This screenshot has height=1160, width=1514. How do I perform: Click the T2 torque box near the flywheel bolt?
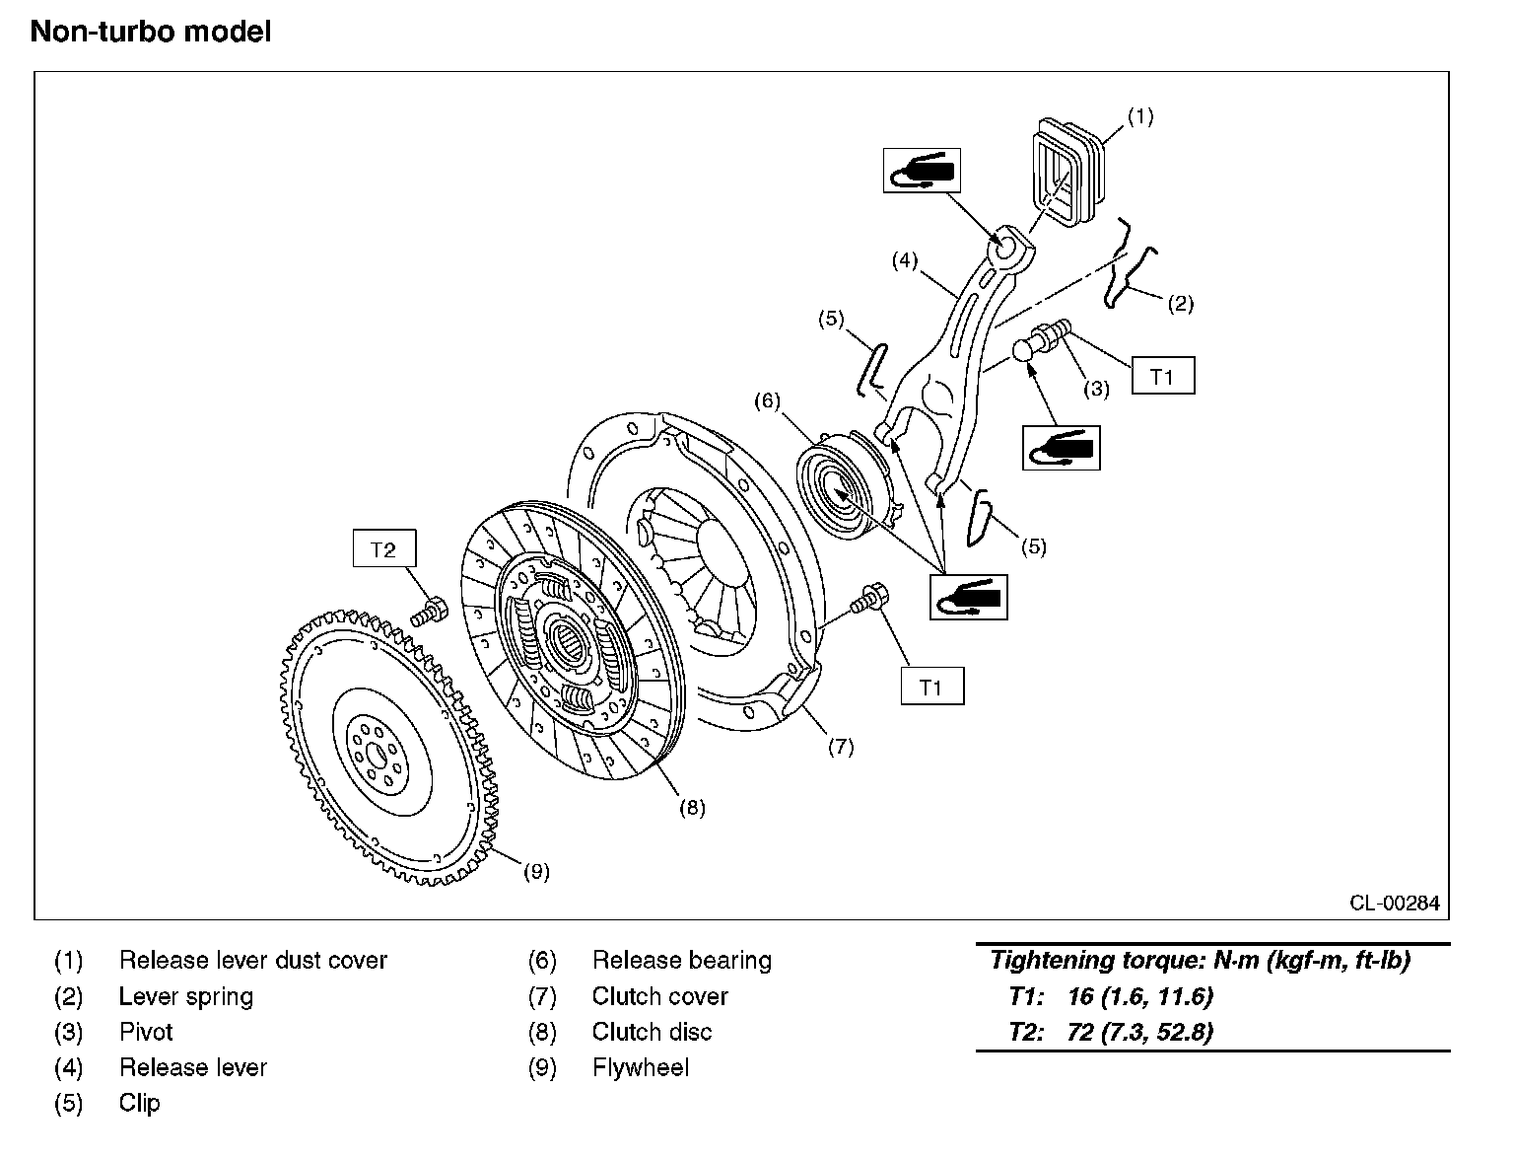click(x=383, y=549)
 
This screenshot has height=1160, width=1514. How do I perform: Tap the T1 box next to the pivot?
click(x=1162, y=377)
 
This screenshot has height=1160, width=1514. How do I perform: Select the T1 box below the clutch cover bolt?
click(x=931, y=688)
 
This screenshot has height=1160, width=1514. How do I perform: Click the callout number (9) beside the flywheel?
click(x=535, y=872)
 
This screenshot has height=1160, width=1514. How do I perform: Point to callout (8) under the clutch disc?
click(x=692, y=808)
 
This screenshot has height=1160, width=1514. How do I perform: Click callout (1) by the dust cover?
click(x=1139, y=116)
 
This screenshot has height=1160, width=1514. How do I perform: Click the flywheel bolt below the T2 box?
click(x=429, y=611)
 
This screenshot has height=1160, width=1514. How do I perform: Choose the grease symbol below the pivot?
click(x=1061, y=449)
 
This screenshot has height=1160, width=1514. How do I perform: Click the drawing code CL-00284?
click(x=1394, y=902)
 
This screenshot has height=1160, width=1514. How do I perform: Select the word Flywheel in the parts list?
click(x=641, y=1067)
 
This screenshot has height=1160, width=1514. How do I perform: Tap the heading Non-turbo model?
click(x=150, y=32)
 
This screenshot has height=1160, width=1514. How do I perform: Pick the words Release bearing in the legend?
click(x=681, y=960)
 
